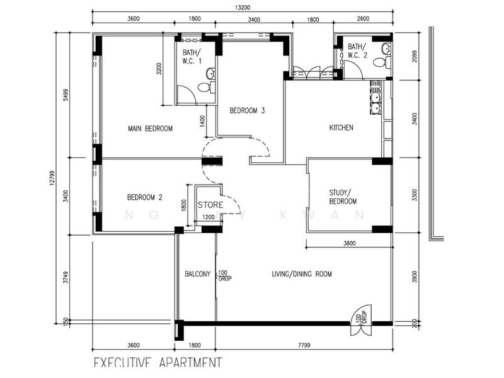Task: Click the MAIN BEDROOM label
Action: click(150, 129)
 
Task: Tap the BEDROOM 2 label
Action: click(144, 197)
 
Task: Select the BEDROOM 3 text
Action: click(247, 111)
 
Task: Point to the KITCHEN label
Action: click(341, 128)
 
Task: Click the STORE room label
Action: click(209, 205)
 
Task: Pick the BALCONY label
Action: click(197, 274)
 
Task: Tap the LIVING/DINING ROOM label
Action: click(301, 274)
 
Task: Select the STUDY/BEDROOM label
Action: click(343, 197)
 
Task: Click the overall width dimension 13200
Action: click(243, 8)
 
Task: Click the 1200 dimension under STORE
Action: click(207, 218)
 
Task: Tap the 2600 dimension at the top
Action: click(364, 20)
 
